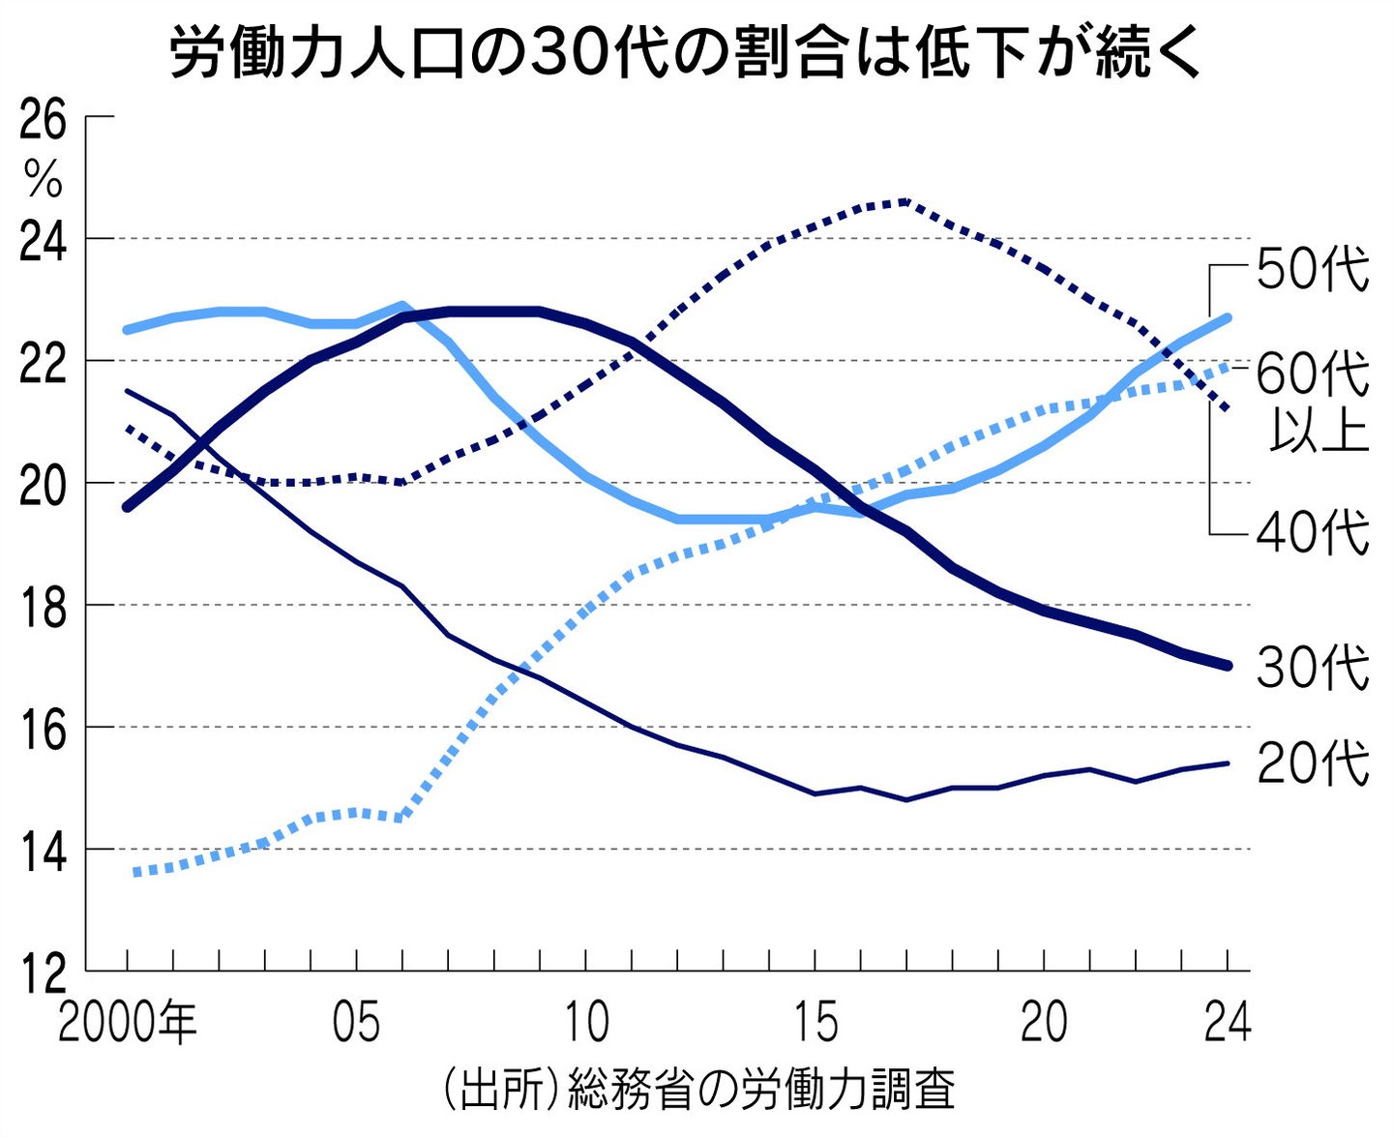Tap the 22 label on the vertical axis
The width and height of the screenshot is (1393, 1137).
coord(44,362)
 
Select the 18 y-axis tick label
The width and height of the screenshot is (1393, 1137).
coord(44,607)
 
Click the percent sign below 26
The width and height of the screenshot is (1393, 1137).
coord(44,179)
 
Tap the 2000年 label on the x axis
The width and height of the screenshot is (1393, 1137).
coord(127,1022)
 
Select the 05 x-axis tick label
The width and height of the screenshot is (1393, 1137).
coord(356,1022)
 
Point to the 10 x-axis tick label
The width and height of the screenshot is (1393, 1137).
coord(585,1022)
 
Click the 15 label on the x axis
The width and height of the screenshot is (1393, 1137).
coord(815,1022)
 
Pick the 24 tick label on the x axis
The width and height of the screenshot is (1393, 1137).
coord(1227,1022)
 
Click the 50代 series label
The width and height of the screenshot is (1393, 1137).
coord(1313,268)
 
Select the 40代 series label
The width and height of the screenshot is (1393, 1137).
coord(1313,532)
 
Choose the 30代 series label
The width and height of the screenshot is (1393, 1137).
coord(1313,668)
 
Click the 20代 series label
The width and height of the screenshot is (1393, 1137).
coord(1313,763)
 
